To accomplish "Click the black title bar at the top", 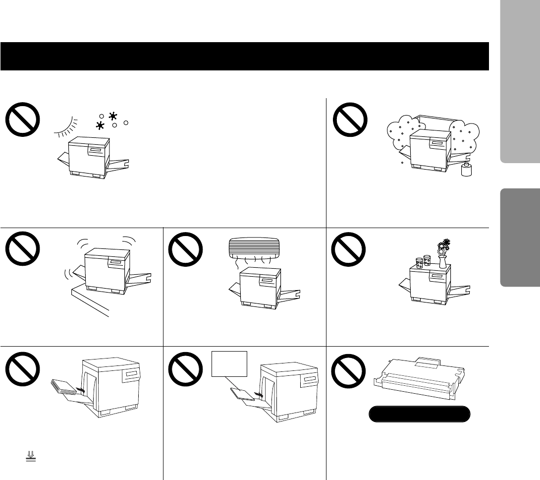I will (245, 56).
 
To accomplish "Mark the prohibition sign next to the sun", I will (23, 121).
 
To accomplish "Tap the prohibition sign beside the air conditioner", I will (186, 250).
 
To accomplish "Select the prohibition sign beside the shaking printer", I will (23, 250).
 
